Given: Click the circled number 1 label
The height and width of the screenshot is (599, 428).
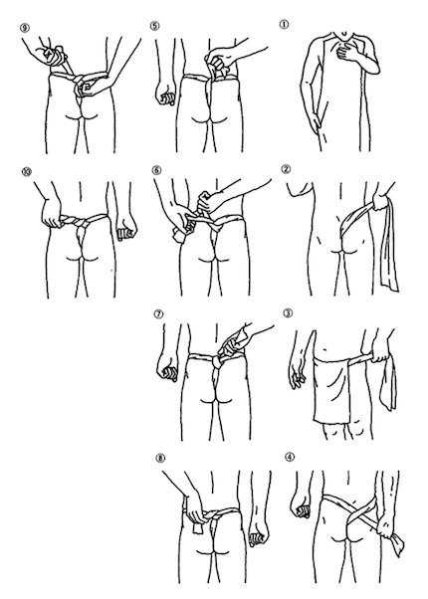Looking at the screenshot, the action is [x=284, y=25].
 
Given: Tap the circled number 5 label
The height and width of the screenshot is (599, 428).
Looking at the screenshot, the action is [x=154, y=26].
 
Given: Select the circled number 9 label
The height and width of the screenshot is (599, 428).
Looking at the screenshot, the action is [x=25, y=28].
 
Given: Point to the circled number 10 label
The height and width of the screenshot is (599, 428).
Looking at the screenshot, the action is [x=26, y=172].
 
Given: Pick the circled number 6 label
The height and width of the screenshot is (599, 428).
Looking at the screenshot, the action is [x=156, y=170].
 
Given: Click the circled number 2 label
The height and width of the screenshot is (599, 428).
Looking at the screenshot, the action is [x=286, y=169].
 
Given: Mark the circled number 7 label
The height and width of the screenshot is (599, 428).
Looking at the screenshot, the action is [x=158, y=314].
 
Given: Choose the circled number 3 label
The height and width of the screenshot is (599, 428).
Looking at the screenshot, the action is [x=288, y=312].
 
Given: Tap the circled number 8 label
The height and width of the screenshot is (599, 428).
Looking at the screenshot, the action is [x=160, y=458].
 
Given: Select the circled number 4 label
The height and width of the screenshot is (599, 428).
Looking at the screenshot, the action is [x=290, y=457].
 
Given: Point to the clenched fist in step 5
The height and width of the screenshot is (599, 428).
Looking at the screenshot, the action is [x=166, y=95].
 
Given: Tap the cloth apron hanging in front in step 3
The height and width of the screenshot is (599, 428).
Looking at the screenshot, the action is [x=331, y=390].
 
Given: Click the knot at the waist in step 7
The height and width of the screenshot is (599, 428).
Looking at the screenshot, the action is [x=217, y=360].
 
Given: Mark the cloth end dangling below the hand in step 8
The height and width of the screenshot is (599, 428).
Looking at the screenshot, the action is [x=198, y=528].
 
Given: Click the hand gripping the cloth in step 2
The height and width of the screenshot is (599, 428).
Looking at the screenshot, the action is [x=380, y=201].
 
